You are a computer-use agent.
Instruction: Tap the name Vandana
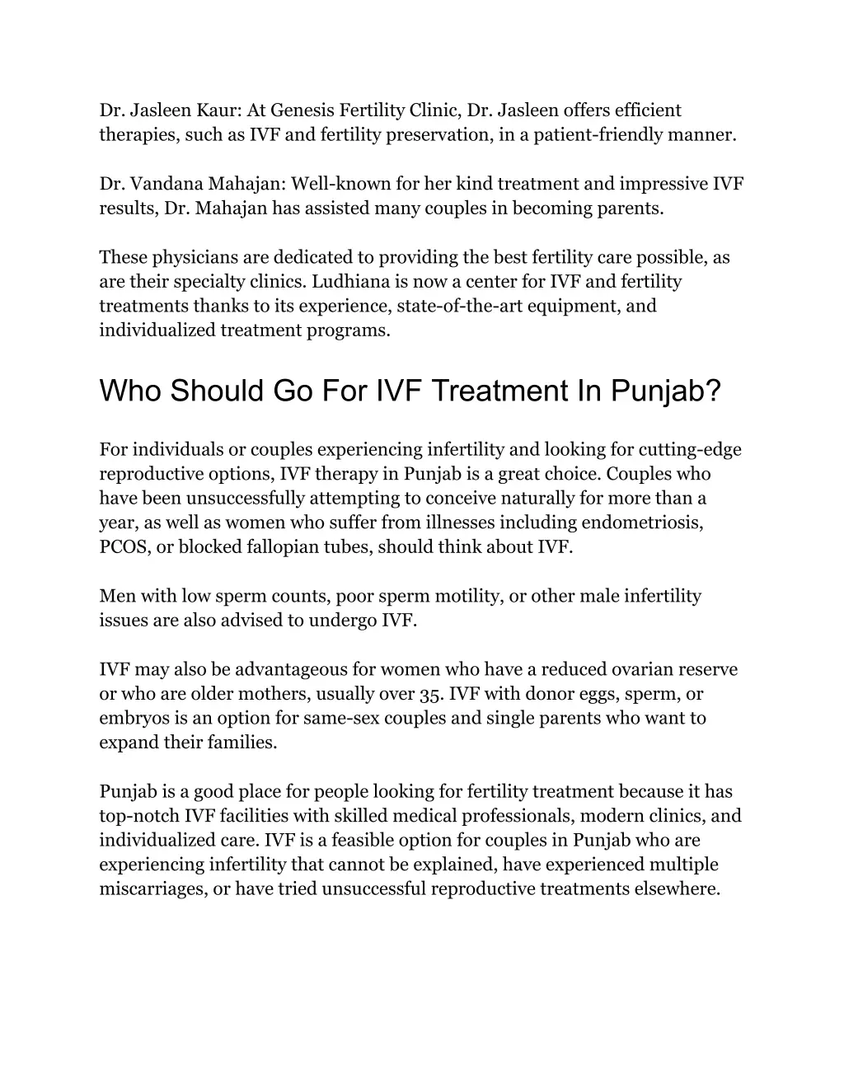[163, 184]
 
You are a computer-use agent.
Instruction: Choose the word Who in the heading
[131, 391]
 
